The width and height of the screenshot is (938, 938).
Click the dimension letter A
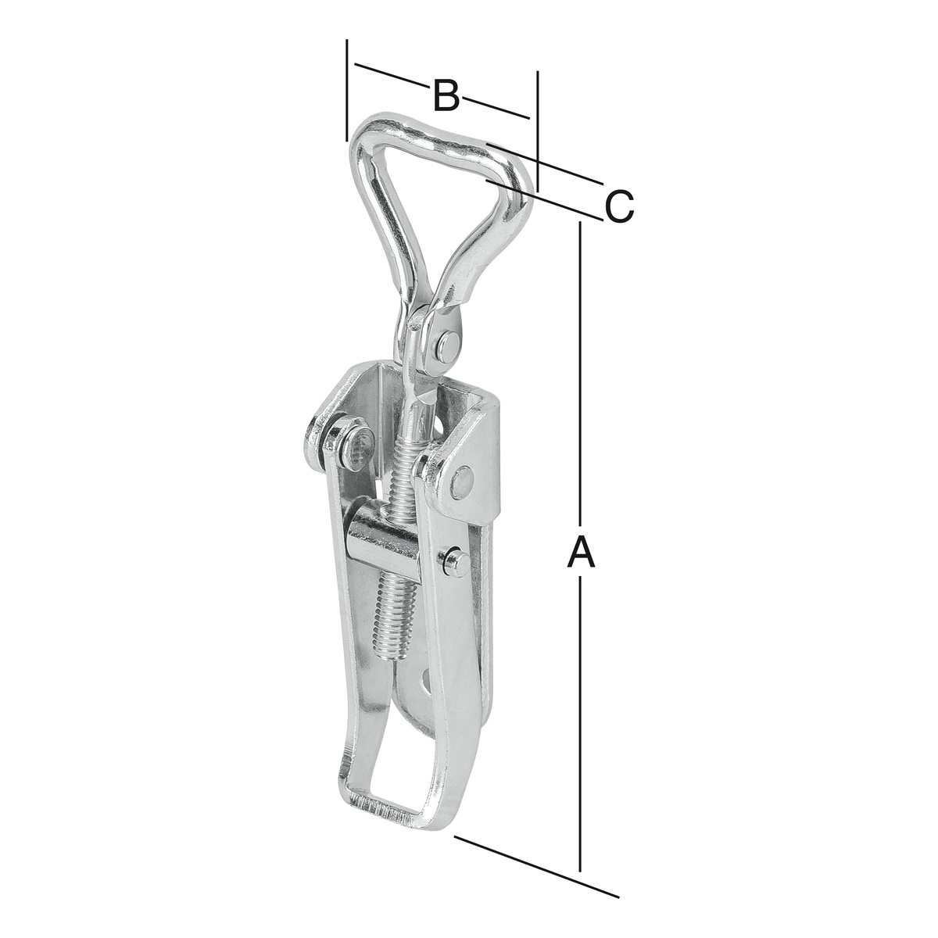581,550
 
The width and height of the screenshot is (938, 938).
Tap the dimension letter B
446,95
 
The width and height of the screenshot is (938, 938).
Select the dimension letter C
619,207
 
